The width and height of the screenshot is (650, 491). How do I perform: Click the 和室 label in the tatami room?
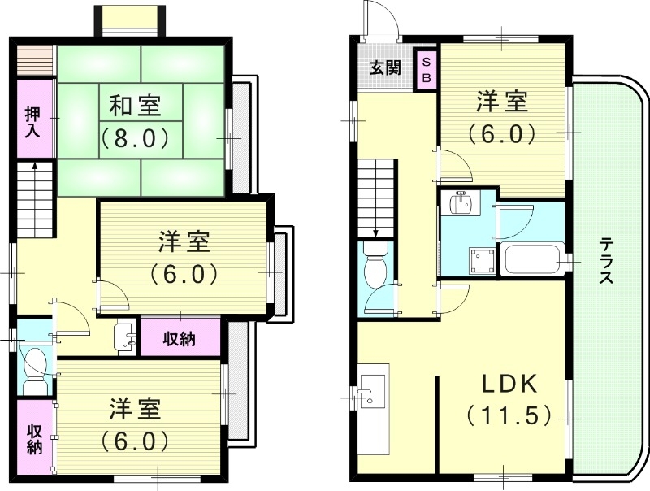coord(135,105)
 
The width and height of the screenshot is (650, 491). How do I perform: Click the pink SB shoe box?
coord(425,68)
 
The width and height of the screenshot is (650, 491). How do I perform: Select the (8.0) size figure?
coord(135,137)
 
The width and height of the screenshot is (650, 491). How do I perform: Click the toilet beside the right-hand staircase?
coord(376,268)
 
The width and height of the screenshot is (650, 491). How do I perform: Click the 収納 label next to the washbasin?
coord(180,339)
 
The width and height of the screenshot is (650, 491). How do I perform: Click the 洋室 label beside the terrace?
coord(502,102)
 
